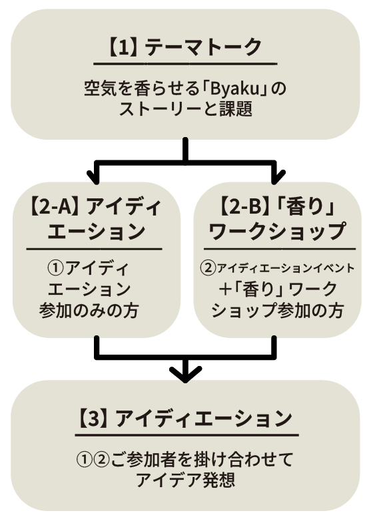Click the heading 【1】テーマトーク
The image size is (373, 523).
[185, 47]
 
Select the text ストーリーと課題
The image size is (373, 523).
[186, 108]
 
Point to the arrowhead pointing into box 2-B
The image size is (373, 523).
[276, 176]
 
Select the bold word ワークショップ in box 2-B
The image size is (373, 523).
[277, 232]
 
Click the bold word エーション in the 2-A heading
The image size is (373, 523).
[97, 232]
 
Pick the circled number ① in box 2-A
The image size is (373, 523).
[56, 268]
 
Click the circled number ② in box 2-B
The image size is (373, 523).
[208, 268]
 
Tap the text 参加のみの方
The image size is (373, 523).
[89, 311]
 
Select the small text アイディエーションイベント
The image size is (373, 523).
[286, 268]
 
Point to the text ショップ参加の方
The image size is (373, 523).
[278, 311]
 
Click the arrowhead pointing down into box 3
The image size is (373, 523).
[186, 373]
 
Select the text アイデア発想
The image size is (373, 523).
[186, 480]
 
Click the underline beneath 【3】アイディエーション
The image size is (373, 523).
[186, 435]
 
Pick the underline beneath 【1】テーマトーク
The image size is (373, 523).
[185, 63]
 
